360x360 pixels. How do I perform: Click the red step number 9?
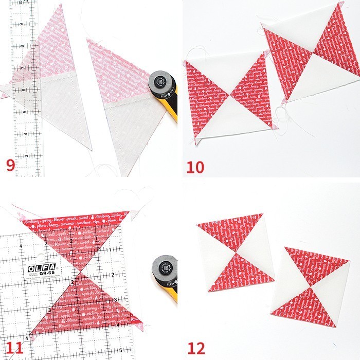(10, 165)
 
